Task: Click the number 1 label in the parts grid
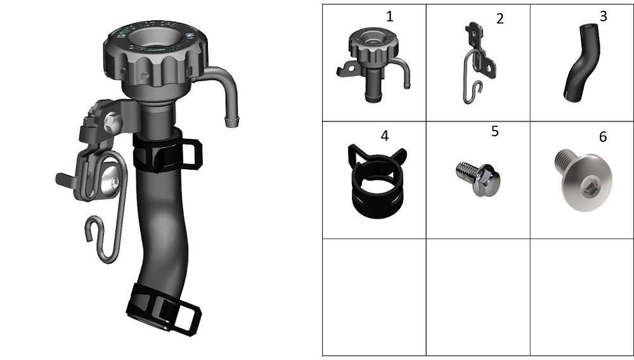(389, 16)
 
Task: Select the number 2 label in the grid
(500, 18)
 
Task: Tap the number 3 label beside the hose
(604, 16)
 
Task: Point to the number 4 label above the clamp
(385, 136)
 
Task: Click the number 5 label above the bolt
(495, 131)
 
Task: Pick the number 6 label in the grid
(602, 136)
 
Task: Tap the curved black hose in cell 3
(581, 63)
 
